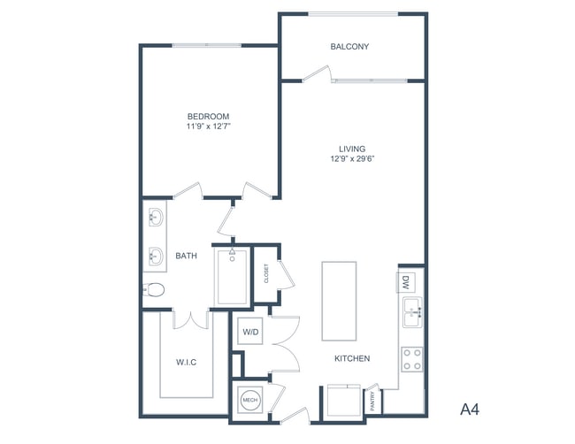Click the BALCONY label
coord(349,47)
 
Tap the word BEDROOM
coord(208,116)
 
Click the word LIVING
coord(352,149)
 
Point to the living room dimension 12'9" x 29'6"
coord(352,160)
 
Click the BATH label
coord(186,256)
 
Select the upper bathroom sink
coord(155,217)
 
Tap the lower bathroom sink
coord(155,258)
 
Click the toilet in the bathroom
coord(155,289)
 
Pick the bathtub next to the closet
coord(233,277)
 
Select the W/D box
coord(249,333)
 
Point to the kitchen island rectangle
coord(339,301)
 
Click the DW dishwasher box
coord(405,283)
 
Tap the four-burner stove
coord(411,358)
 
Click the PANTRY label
coord(374,401)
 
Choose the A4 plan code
coord(470,409)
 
